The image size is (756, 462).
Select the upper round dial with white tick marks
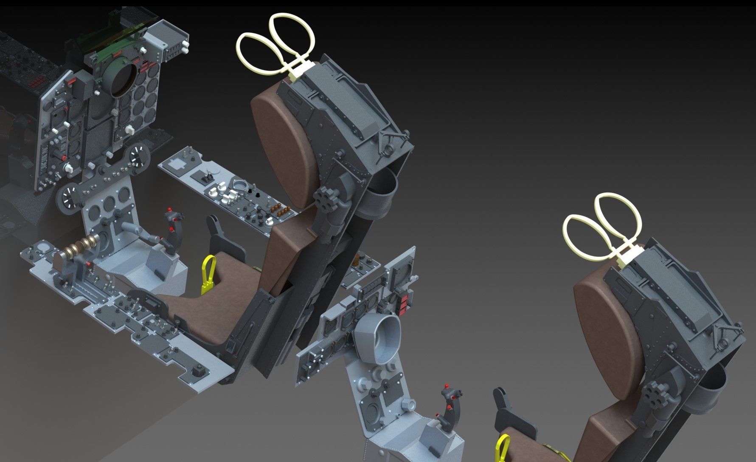point(137,156)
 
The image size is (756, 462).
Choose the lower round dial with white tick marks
point(68,197)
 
